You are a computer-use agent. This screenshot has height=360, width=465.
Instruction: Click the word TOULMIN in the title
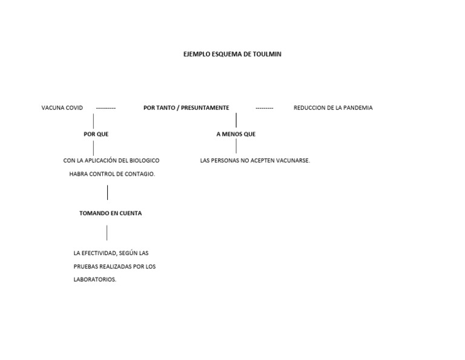point(267,54)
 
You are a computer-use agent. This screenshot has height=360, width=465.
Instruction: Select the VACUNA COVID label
point(62,108)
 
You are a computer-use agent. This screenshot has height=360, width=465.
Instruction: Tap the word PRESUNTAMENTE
point(205,108)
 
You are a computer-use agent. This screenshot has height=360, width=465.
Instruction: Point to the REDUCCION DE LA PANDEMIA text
point(333,108)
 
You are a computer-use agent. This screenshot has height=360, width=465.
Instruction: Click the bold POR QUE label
point(96,134)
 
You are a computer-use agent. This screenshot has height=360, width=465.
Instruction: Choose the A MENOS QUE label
point(236,134)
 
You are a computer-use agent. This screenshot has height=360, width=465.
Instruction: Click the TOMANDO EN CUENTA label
point(111,213)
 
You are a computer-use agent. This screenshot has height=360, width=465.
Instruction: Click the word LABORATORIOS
point(95,279)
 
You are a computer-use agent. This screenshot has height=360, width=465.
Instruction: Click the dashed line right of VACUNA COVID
point(106,108)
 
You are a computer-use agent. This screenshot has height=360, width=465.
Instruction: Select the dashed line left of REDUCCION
point(265,108)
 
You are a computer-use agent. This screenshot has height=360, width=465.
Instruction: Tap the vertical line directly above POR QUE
point(93,121)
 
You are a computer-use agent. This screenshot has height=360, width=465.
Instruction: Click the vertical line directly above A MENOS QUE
point(236,120)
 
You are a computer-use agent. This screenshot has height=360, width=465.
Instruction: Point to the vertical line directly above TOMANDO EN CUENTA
point(107,192)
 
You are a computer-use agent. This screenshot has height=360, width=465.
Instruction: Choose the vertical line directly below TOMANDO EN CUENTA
point(107,233)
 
